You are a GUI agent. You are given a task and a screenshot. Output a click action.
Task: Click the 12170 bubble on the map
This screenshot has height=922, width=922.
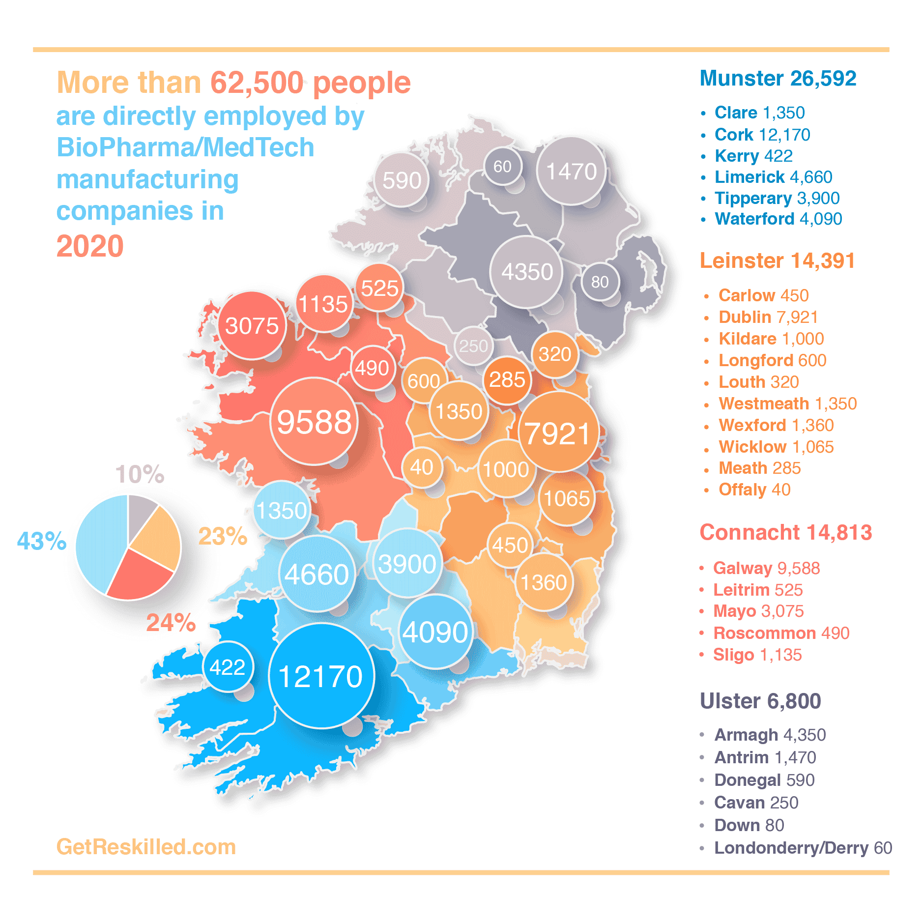pyautogui.click(x=321, y=676)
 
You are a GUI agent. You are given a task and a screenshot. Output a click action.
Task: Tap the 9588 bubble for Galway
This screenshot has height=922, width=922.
pyautogui.click(x=314, y=421)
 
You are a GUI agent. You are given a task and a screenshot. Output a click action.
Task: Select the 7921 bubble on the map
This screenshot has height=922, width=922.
pyautogui.click(x=558, y=432)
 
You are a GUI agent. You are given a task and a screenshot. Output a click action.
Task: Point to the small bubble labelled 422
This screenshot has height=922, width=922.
pyautogui.click(x=228, y=667)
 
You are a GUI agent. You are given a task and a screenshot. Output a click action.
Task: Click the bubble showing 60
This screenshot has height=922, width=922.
pyautogui.click(x=502, y=167)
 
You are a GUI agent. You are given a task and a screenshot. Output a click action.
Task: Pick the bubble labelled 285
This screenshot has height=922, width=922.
pyautogui.click(x=507, y=380)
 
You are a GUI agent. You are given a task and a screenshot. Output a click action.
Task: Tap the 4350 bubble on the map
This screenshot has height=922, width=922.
pyautogui.click(x=527, y=272)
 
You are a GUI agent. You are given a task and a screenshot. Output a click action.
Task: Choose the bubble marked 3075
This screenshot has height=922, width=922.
pyautogui.click(x=252, y=325)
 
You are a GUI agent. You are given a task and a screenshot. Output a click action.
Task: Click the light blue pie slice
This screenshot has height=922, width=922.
pyautogui.click(x=98, y=541)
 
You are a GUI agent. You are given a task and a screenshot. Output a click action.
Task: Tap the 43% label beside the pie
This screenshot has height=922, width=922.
pyautogui.click(x=42, y=541)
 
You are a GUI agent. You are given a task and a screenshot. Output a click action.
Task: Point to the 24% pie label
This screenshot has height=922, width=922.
pyautogui.click(x=171, y=623)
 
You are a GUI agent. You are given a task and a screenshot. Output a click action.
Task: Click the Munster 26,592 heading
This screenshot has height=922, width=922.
pyautogui.click(x=778, y=79)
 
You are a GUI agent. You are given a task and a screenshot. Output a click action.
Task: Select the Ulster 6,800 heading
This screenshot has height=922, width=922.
pyautogui.click(x=760, y=701)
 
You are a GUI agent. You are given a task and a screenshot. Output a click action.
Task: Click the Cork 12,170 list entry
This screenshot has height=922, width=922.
pyautogui.click(x=762, y=135)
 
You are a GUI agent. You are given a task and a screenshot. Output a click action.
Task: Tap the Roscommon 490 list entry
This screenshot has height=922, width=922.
pyautogui.click(x=781, y=633)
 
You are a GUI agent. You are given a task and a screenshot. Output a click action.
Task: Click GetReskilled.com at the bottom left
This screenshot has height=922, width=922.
pyautogui.click(x=146, y=847)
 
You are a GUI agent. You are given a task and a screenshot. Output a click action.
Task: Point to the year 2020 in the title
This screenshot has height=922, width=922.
pyautogui.click(x=90, y=246)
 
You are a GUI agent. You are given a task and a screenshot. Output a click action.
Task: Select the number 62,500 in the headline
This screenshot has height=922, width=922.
pyautogui.click(x=257, y=83)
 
